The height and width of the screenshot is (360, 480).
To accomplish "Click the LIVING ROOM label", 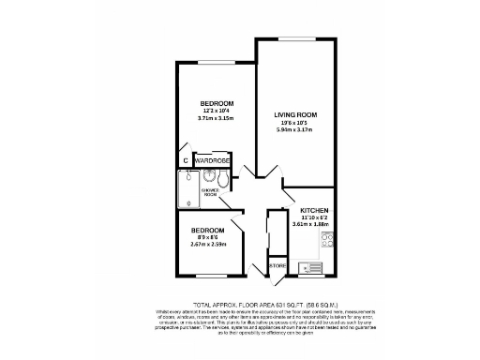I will click(295, 114).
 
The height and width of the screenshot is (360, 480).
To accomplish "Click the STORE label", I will click(277, 266).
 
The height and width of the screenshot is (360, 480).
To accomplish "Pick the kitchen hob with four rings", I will click(327, 241).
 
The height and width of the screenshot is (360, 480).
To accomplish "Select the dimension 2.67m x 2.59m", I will click(208, 246).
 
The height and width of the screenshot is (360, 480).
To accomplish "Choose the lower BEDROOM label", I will click(208, 231).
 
